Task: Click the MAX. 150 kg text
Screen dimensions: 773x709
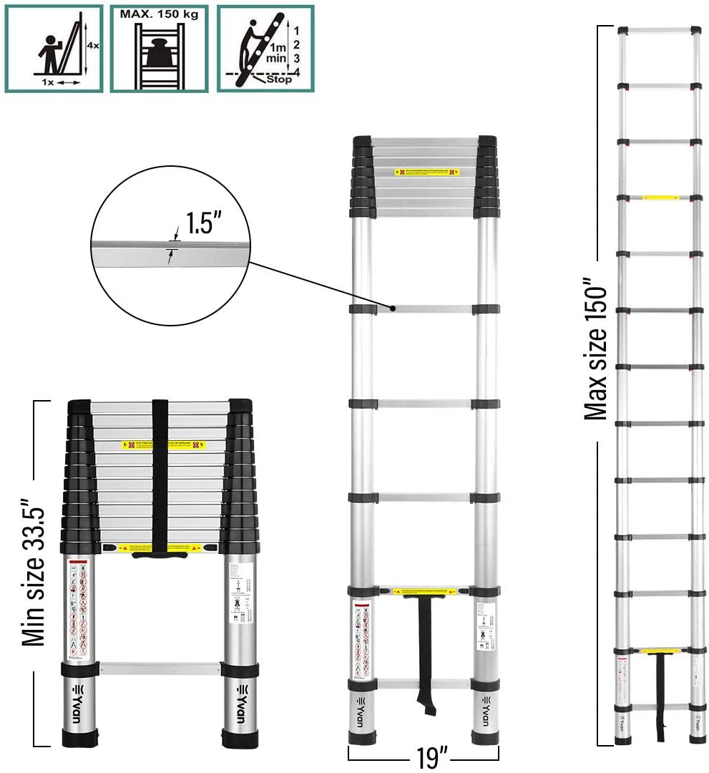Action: click(159, 14)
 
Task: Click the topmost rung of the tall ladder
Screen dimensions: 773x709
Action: click(659, 31)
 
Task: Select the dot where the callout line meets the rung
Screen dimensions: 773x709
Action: click(393, 308)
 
